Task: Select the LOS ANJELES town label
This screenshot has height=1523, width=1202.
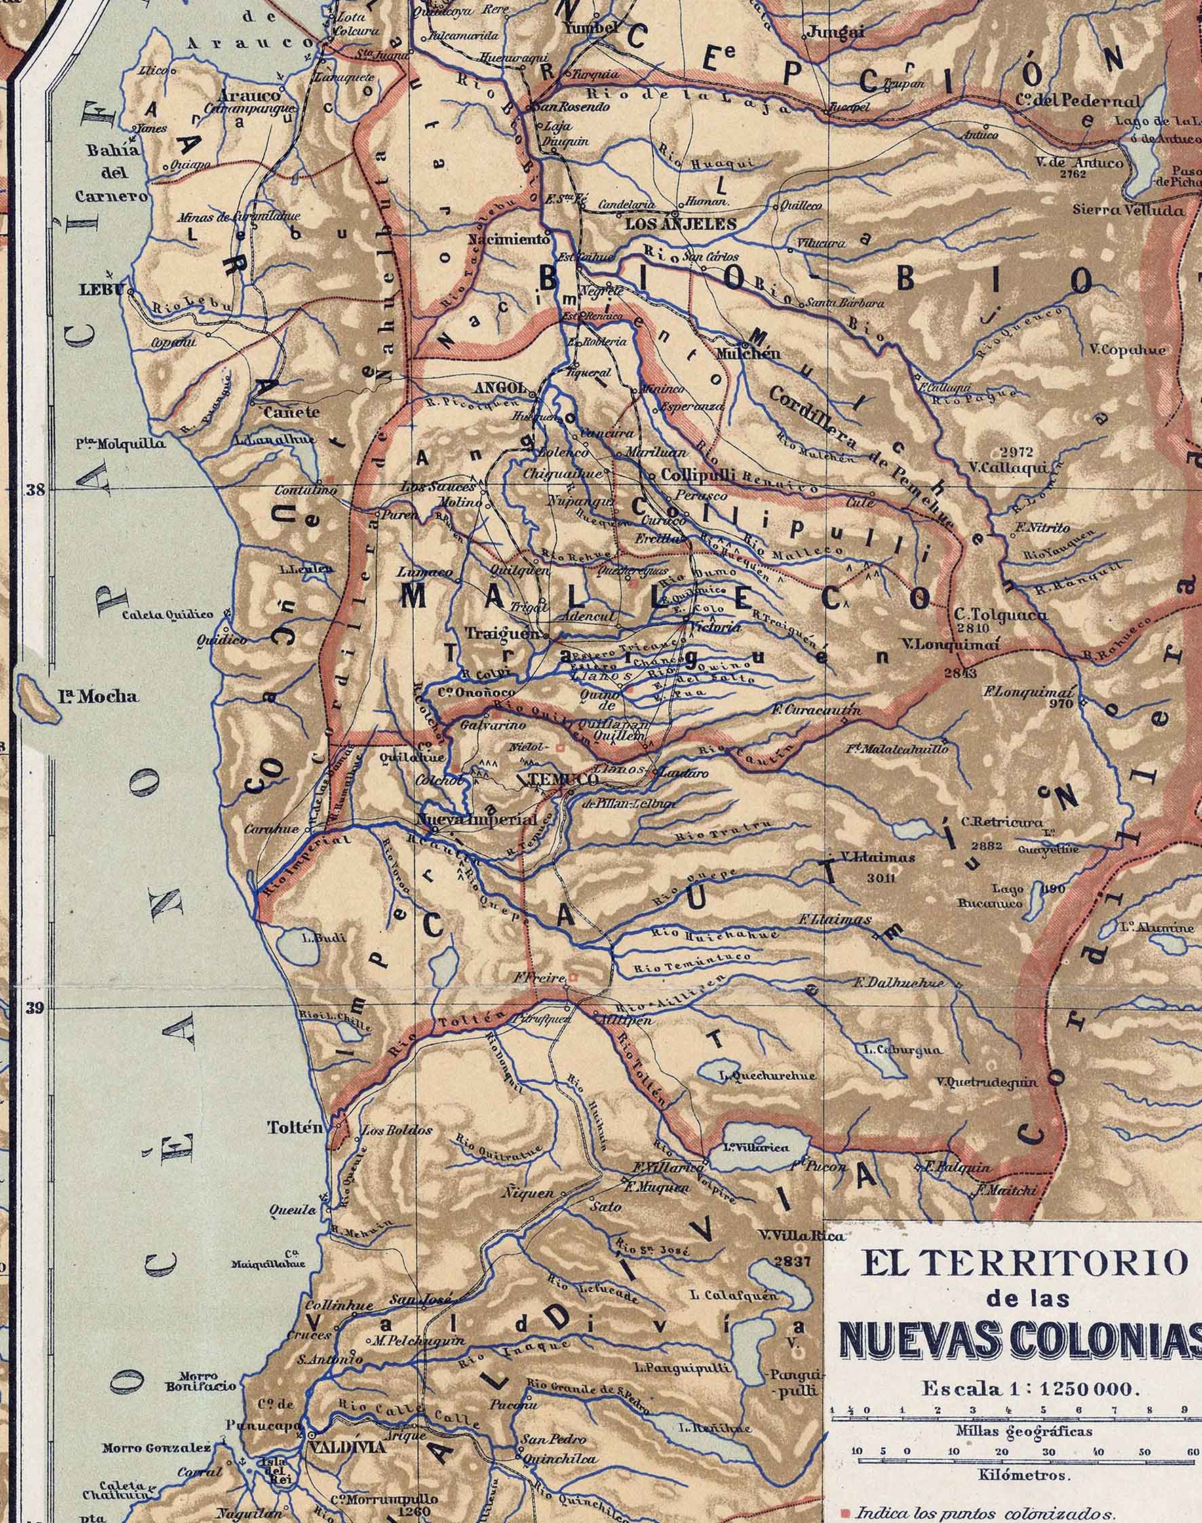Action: (x=680, y=224)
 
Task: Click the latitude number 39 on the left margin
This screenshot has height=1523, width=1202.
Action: (x=35, y=1008)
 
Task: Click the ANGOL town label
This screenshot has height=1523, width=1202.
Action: (x=500, y=388)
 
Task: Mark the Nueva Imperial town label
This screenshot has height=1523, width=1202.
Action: (x=476, y=820)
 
